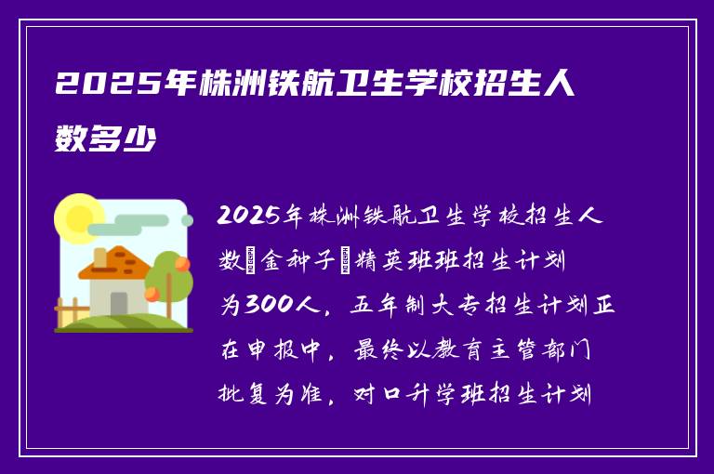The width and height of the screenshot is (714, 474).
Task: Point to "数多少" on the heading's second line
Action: [x=105, y=140]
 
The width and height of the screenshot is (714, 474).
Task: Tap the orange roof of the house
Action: [x=115, y=263]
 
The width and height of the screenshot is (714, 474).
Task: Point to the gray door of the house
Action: [x=119, y=303]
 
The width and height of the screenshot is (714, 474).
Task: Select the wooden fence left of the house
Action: [x=68, y=310]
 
